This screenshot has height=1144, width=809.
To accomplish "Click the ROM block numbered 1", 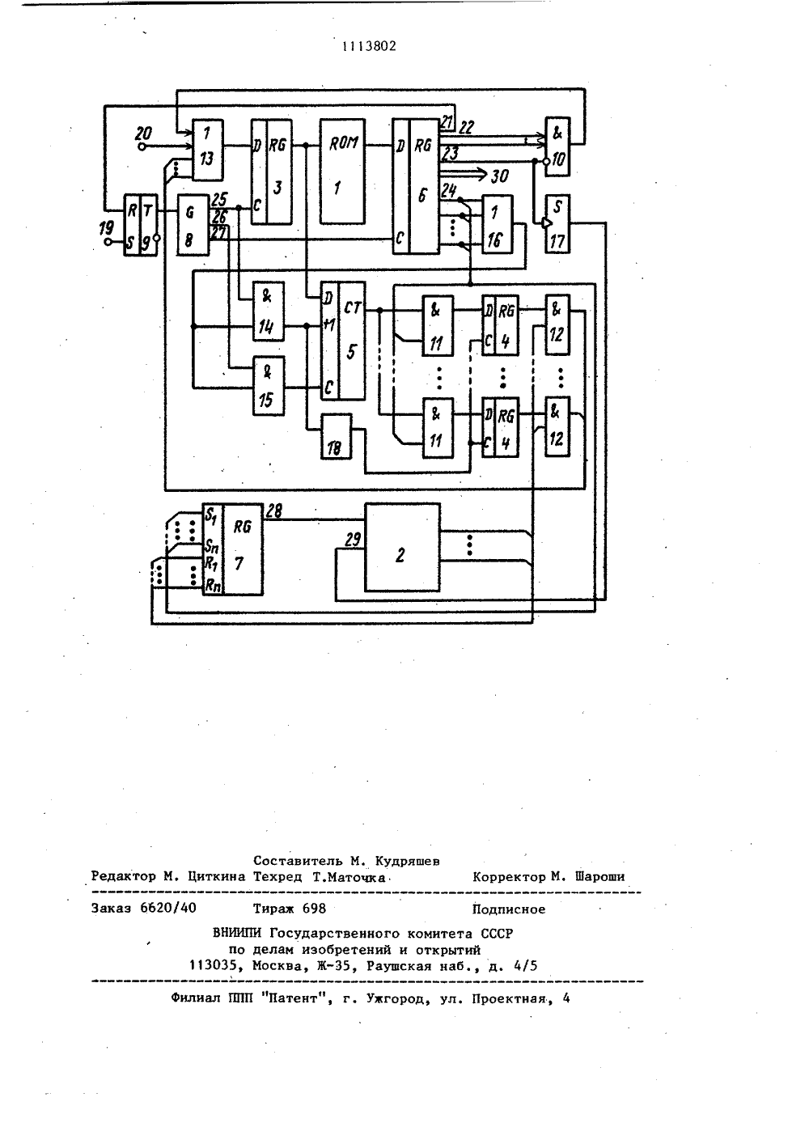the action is click(342, 171).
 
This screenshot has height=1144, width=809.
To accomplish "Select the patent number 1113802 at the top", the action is click(369, 47).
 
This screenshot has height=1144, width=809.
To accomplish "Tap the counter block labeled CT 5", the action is click(343, 341).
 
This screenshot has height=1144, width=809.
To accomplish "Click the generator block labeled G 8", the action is click(193, 225).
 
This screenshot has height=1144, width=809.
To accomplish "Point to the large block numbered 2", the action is click(402, 547).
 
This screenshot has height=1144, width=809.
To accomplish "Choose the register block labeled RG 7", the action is click(232, 549).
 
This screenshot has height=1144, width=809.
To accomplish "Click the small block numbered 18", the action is click(336, 436).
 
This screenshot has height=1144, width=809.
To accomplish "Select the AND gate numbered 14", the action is click(269, 311).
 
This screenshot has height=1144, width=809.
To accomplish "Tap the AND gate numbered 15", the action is click(269, 385).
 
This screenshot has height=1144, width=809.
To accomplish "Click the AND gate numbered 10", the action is click(557, 146).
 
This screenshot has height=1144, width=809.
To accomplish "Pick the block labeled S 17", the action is click(557, 223).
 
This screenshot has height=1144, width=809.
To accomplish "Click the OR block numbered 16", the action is click(498, 223).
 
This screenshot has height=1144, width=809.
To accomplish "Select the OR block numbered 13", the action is click(207, 150).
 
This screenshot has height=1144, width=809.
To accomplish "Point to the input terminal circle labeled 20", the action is click(142, 147).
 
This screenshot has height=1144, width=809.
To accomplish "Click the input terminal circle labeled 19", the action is click(108, 242).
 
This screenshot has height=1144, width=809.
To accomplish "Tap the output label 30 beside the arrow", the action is click(499, 176).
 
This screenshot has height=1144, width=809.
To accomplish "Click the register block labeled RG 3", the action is click(272, 172).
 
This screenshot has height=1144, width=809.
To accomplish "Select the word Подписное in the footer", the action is click(509, 909).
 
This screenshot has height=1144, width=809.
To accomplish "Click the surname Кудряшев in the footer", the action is click(408, 862).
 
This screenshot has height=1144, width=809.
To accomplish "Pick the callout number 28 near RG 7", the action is click(273, 511).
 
